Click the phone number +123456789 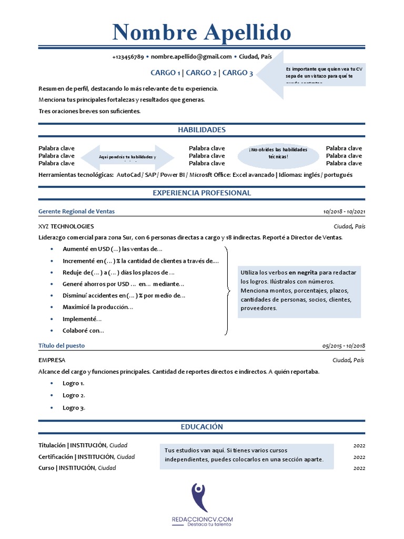point(128,57)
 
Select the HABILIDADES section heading point(201,129)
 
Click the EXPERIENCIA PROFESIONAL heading point(201,193)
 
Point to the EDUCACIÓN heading point(201,427)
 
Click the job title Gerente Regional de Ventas point(77,212)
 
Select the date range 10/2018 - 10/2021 point(344,212)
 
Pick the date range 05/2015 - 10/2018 point(344,346)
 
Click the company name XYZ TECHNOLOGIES point(66,226)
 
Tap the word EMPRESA point(52,361)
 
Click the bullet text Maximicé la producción point(98,307)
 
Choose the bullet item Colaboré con point(83,331)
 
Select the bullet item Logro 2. point(74,395)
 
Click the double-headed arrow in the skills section point(128,157)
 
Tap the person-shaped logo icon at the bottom point(199,496)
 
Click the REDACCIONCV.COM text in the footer point(202,520)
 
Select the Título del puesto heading point(62,346)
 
